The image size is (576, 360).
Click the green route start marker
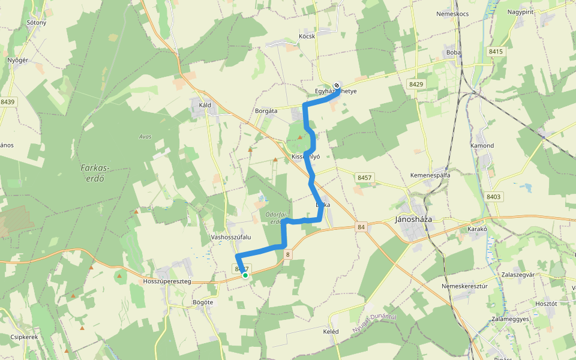tap(245, 275)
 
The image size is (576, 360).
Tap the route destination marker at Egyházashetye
tap(337, 85)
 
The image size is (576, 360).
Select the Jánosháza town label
tap(414, 219)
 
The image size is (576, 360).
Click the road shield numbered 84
tap(360, 227)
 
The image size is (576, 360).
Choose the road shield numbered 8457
tap(365, 178)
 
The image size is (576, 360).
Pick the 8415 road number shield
tap(496, 52)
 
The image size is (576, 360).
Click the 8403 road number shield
tap(494, 197)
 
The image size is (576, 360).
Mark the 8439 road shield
tap(8, 102)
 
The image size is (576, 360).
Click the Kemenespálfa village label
tap(430, 175)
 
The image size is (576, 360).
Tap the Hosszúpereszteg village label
tap(167, 281)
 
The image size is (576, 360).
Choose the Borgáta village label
tap(266, 111)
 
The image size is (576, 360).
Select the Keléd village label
tap(331, 332)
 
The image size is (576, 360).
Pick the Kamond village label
tap(482, 146)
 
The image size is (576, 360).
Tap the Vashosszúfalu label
tap(230, 237)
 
